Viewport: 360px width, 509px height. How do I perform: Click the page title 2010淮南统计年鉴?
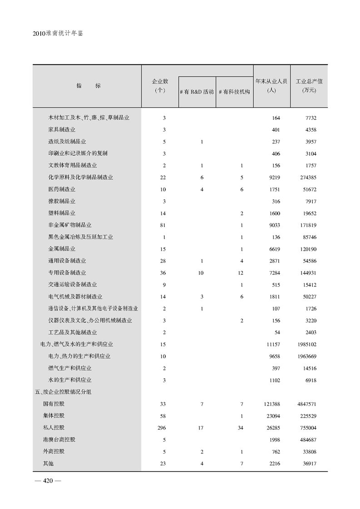click(59, 34)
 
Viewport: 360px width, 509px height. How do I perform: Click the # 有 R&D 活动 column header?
click(197, 92)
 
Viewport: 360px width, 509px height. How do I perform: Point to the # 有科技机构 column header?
click(234, 92)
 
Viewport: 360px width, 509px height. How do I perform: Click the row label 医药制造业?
click(62, 189)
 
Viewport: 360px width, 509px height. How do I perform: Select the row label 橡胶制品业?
click(62, 201)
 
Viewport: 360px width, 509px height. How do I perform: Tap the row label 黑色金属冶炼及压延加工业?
click(80, 237)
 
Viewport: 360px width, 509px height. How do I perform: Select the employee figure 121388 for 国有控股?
click(272, 404)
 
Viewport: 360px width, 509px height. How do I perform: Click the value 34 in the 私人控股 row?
click(242, 428)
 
